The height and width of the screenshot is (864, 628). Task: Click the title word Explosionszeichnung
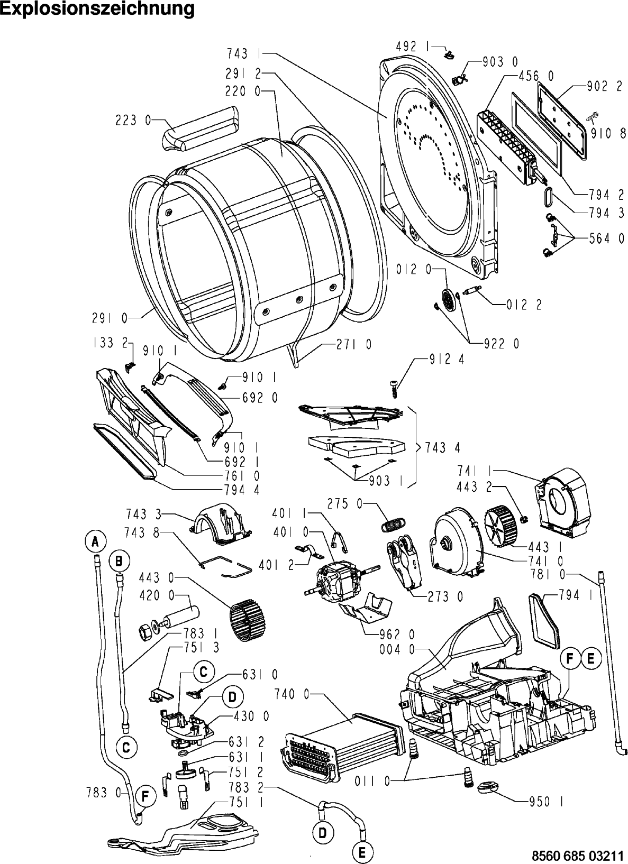(97, 10)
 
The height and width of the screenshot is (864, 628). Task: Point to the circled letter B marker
(120, 560)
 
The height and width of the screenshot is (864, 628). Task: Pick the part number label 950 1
(545, 802)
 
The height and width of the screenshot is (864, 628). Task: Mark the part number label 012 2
(524, 305)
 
